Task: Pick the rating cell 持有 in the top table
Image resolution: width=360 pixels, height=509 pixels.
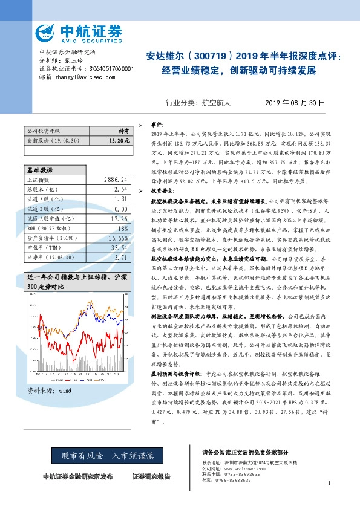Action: click(123, 131)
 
